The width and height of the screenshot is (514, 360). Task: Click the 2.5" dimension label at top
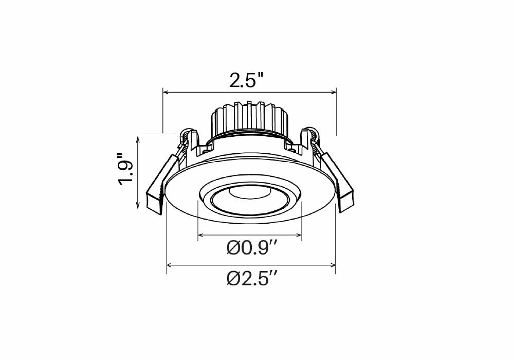tap(246, 80)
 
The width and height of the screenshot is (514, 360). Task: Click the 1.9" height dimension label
tap(126, 169)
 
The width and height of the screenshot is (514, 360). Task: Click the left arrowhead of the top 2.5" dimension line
tap(166, 92)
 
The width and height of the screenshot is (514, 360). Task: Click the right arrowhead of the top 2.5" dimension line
tap(334, 92)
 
